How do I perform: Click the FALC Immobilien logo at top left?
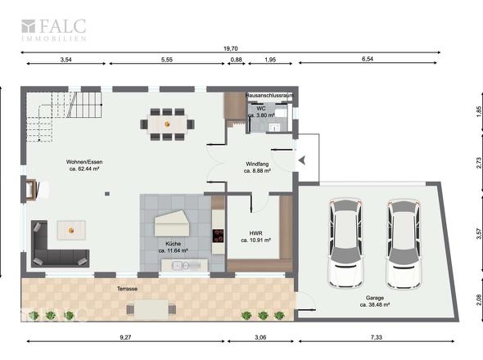click(53, 29)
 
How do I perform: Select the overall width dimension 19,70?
click(230, 48)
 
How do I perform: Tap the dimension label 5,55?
click(167, 60)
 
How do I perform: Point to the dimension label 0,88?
click(237, 60)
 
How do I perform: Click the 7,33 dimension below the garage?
click(376, 337)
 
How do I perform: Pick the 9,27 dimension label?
click(125, 337)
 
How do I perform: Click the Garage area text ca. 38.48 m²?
click(375, 305)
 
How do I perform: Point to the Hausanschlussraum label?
click(269, 96)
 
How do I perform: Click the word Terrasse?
click(127, 289)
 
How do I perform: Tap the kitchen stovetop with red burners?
click(219, 236)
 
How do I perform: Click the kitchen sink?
click(181, 265)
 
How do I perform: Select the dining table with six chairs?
click(167, 124)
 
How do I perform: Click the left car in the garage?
click(345, 243)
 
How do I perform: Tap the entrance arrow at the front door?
click(302, 160)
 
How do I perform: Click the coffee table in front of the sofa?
click(71, 231)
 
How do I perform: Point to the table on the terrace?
click(151, 309)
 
